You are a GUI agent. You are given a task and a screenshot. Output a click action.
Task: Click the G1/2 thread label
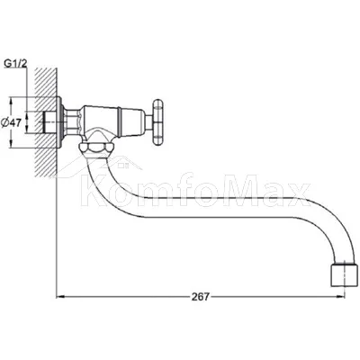15,64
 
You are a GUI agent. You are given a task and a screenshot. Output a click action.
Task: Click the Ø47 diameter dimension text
11,122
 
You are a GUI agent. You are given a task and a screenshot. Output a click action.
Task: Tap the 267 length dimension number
200,296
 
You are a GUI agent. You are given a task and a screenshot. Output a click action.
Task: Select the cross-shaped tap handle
158,122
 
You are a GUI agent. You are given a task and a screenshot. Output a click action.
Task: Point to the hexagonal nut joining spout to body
96,148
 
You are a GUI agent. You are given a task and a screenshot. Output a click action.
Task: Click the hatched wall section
46,122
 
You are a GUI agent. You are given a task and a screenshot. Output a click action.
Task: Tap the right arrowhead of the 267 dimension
340,297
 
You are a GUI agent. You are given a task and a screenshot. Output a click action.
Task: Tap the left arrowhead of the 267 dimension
61,297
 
